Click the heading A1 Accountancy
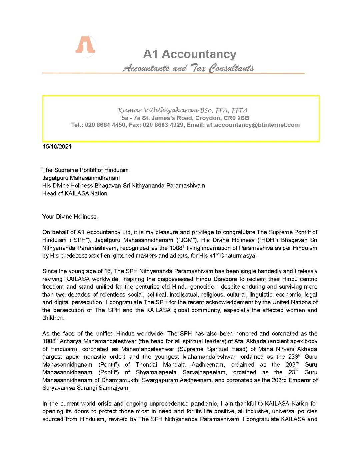[x=190, y=54]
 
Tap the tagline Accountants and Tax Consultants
[x=188, y=68]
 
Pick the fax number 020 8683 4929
[x=163, y=125]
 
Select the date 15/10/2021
[x=57, y=147]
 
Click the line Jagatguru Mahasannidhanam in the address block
[x=81, y=178]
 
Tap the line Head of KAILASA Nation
[x=75, y=194]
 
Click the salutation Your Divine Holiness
[x=70, y=217]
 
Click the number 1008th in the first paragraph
[x=177, y=248]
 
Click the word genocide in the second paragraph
[x=202, y=287]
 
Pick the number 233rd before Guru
[x=293, y=357]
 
